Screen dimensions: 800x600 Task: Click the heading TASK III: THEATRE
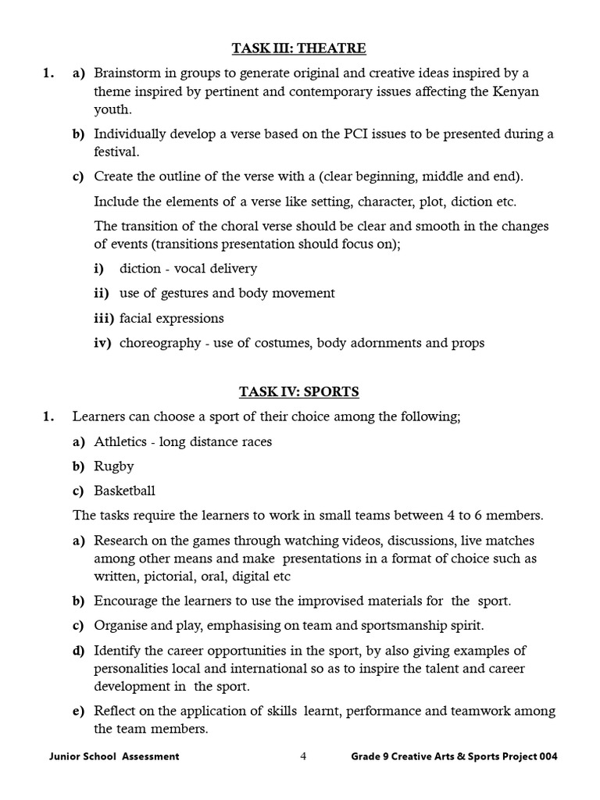click(x=299, y=49)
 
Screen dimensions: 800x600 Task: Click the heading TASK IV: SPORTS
click(x=299, y=392)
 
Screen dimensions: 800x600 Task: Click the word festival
click(x=114, y=152)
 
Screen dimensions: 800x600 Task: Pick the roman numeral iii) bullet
click(x=104, y=318)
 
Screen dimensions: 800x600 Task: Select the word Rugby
click(x=114, y=466)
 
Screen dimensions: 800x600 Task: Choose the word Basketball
click(x=125, y=491)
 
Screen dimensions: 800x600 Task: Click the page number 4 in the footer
click(x=303, y=756)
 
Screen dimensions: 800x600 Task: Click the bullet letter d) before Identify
click(x=78, y=651)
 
